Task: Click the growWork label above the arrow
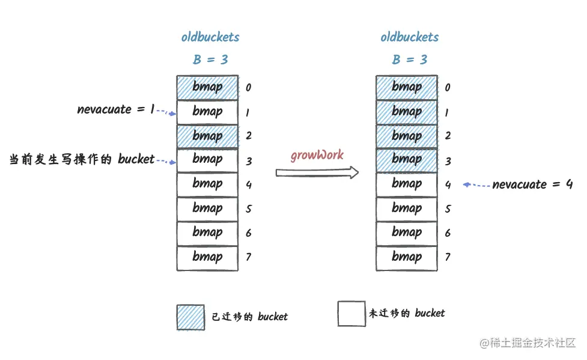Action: (317, 155)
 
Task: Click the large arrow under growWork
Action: (317, 173)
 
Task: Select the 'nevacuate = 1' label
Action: (116, 109)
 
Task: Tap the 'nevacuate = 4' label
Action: (532, 185)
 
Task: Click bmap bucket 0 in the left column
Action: (207, 87)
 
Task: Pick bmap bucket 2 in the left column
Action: (207, 136)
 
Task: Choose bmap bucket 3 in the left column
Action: (207, 160)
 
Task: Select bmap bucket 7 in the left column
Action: (207, 257)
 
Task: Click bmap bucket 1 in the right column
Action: (407, 112)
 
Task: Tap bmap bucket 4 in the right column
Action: (407, 185)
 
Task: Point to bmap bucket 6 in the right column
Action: (407, 233)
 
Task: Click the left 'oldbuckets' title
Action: (210, 37)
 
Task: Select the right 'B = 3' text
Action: (410, 59)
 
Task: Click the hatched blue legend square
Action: (190, 317)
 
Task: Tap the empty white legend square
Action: (351, 314)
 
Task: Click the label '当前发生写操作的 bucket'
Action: (82, 160)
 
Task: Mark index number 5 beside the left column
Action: (248, 209)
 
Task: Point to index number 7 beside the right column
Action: (448, 257)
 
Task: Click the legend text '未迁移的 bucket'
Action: (407, 313)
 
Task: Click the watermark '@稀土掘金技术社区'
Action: (527, 343)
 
